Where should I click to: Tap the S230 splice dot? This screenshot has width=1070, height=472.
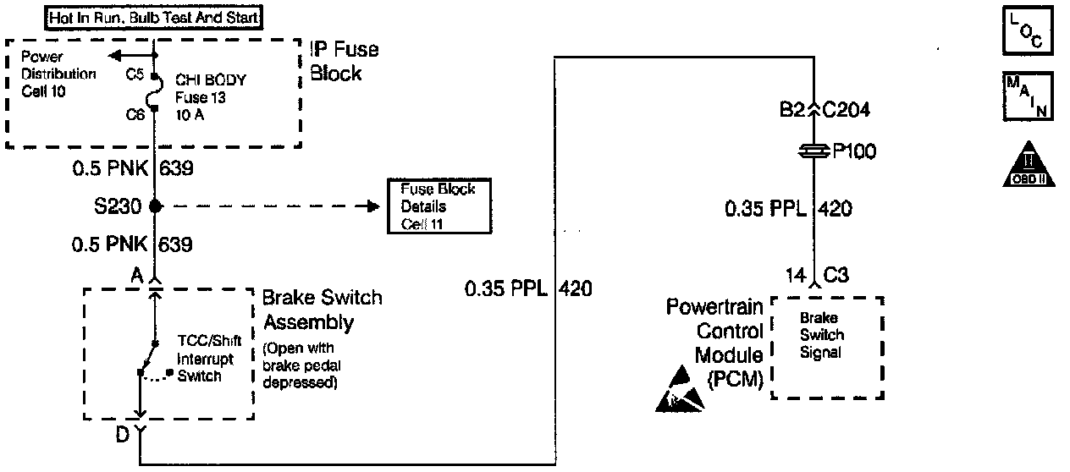155,206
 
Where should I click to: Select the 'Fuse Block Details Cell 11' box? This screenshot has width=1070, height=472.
438,206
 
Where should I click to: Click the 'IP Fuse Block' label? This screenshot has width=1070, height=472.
345,61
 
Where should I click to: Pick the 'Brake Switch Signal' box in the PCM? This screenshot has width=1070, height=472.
827,347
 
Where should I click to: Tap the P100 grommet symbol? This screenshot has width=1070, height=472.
814,151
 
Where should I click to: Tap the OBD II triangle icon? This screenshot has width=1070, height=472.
1027,164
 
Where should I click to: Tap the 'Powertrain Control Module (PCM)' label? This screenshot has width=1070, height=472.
715,343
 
